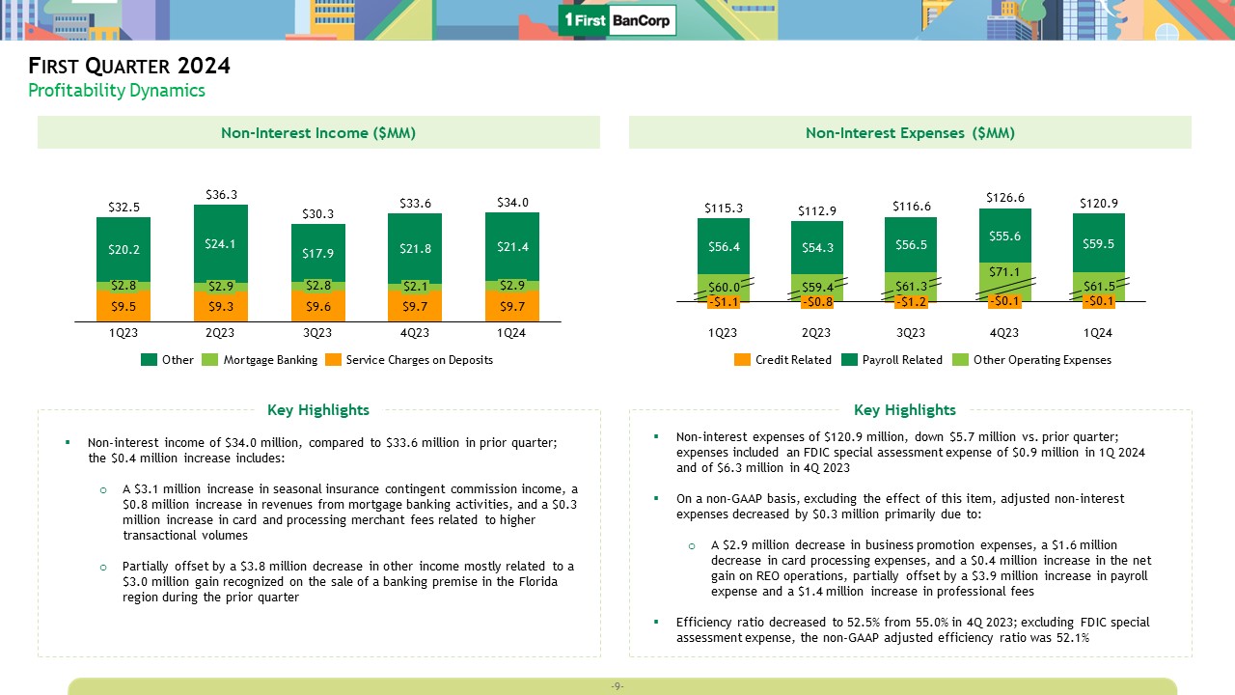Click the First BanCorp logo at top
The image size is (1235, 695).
[617, 20]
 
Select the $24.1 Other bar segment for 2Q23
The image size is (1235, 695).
[221, 243]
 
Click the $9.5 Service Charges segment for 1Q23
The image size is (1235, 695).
[123, 306]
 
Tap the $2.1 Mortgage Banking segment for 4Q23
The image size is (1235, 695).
[415, 286]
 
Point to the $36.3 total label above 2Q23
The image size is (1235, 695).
[221, 194]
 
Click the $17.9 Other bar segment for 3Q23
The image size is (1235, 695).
[318, 253]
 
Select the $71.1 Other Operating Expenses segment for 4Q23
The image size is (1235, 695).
[1004, 273]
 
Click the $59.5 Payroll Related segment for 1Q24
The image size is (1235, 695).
[1098, 243]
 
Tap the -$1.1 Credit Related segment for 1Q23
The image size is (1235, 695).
[723, 302]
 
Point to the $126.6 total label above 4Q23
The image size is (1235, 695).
[1004, 197]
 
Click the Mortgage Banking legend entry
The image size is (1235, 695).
[260, 360]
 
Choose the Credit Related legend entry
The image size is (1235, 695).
[782, 360]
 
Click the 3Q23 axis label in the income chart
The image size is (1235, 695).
[318, 333]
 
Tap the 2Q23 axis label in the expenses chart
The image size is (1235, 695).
[816, 333]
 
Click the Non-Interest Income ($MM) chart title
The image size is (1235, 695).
[318, 133]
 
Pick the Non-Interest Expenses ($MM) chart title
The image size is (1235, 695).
[910, 133]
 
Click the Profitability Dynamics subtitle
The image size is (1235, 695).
[117, 91]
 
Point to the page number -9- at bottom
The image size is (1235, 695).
[617, 686]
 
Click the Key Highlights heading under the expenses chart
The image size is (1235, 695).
[904, 410]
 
